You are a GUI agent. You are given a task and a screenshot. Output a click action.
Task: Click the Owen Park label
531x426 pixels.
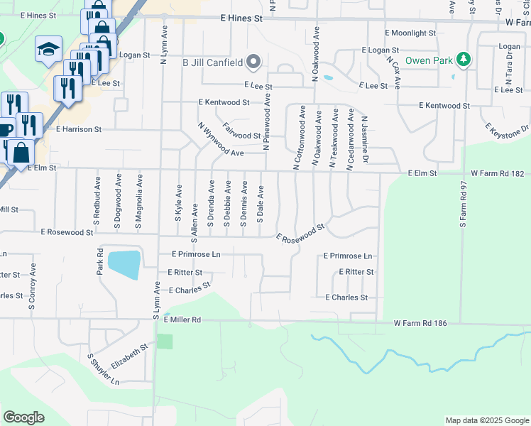pos(429,60)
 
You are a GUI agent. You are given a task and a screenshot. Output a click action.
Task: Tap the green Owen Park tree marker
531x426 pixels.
pos(464,59)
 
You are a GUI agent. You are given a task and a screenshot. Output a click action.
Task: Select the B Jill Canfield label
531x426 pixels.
pos(212,62)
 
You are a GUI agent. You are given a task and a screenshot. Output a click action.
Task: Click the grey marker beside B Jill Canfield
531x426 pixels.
pos(253,62)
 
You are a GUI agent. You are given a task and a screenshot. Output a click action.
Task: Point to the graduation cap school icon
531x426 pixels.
pos(48,50)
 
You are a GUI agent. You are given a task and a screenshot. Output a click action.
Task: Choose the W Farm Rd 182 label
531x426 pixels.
pos(496,173)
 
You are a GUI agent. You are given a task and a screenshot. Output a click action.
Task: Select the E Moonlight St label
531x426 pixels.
pos(410,33)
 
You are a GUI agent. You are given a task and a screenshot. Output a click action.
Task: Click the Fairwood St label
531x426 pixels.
pos(241,131)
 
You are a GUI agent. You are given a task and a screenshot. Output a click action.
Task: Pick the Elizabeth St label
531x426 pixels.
pos(128,354)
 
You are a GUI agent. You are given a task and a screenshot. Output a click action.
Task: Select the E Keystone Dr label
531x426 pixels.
pos(508,131)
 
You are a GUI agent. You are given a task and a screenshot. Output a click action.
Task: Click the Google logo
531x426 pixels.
pos(23,417)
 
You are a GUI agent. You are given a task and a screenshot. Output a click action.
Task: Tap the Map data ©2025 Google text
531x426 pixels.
pos(486,420)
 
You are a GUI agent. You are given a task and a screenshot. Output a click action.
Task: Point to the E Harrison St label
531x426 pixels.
pos(79,130)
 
